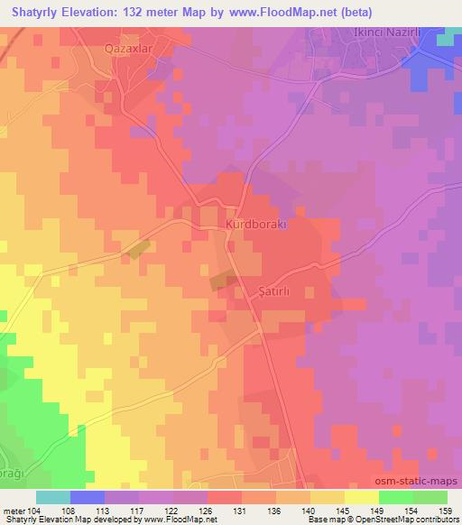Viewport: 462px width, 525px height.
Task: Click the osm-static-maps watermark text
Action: (417, 482)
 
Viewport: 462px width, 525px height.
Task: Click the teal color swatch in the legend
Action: (53, 497)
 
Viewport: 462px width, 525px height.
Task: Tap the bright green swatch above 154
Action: (395, 497)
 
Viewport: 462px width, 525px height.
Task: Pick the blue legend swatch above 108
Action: (88, 497)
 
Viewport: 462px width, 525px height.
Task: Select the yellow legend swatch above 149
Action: (361, 497)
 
